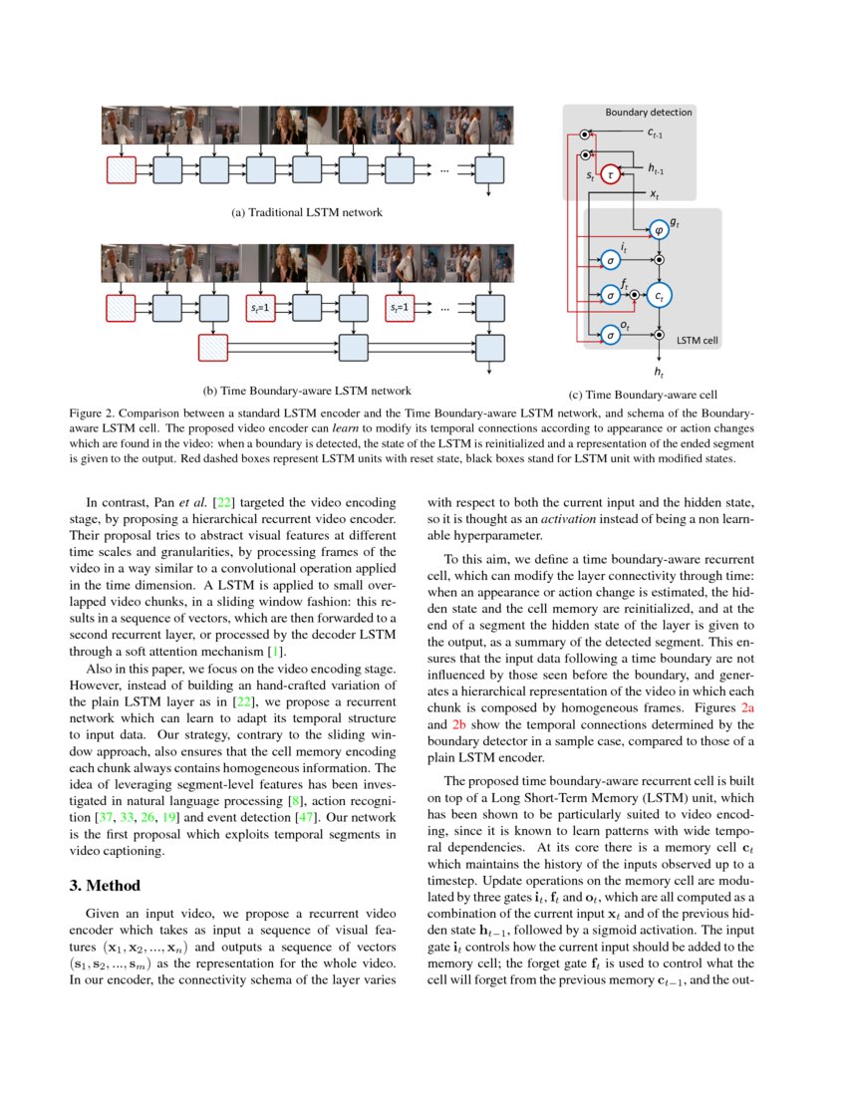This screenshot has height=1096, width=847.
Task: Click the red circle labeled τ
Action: (611, 174)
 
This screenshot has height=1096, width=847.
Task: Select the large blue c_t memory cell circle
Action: (660, 295)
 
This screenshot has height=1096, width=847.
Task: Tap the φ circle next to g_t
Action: (658, 230)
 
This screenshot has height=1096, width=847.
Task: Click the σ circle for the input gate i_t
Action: (611, 260)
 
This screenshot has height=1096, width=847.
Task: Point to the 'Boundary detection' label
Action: (649, 113)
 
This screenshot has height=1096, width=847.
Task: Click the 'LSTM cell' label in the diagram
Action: (698, 340)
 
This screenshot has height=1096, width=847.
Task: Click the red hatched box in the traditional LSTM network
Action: (121, 170)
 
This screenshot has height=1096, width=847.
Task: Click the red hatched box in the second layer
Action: (213, 347)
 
